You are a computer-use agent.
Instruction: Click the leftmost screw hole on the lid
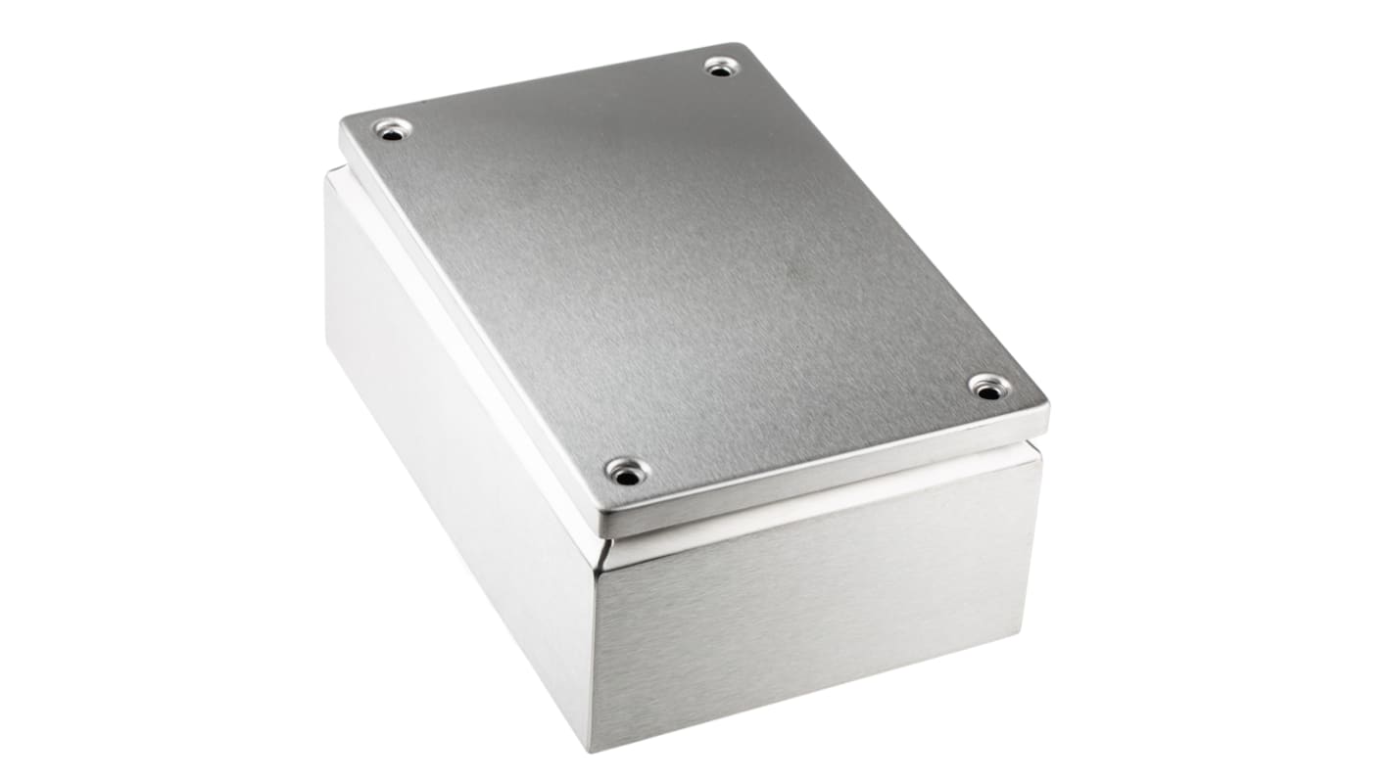coord(392,129)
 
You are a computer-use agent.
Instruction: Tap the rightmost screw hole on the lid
coord(989,386)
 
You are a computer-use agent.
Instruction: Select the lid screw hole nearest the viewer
coord(628,472)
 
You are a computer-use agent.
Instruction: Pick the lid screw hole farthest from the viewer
coord(722,67)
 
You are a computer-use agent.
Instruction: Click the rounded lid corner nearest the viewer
coord(600,528)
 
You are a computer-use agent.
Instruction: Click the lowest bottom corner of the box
coord(591,749)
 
